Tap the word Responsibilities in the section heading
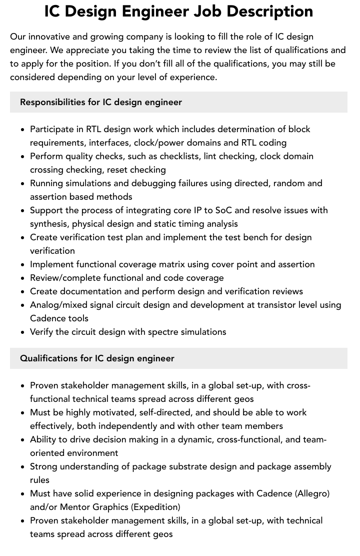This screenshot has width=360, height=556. [x=52, y=102]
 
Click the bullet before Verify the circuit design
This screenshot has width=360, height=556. [x=22, y=332]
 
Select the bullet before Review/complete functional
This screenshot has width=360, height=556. [x=22, y=278]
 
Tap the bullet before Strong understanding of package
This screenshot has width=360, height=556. [x=22, y=467]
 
